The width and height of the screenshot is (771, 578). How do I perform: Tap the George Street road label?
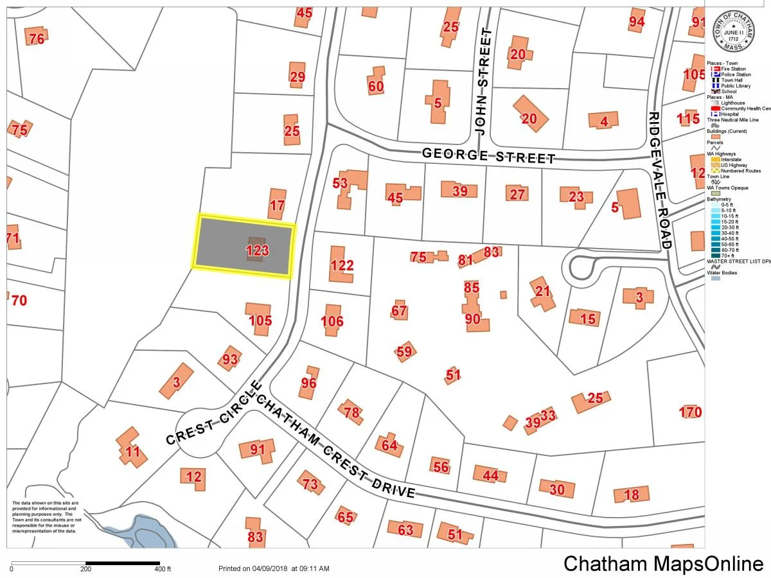pos(489,156)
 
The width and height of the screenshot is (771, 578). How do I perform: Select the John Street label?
pos(484,80)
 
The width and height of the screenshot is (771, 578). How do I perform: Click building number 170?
pos(691,412)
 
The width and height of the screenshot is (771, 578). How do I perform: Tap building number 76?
pos(37,38)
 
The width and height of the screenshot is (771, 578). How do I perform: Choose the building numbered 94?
pos(636,21)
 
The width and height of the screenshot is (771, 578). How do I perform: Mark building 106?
pos(332,320)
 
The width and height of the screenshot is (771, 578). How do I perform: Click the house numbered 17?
pos(277,205)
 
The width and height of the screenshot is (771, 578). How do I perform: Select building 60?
pos(375,85)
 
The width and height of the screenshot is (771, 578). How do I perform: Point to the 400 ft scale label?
pos(163,569)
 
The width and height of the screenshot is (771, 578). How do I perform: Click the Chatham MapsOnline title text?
pos(662,563)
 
